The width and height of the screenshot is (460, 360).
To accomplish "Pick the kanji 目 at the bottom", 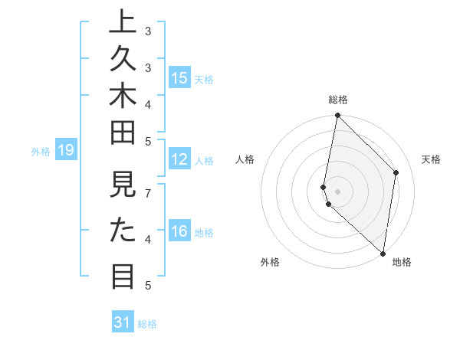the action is (x=123, y=275).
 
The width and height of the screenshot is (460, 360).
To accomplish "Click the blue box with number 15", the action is (x=179, y=77).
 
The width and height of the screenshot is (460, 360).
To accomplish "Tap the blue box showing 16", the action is (x=179, y=231).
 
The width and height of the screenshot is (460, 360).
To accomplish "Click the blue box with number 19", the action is (x=66, y=151).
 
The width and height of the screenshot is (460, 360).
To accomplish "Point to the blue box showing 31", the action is (x=123, y=322).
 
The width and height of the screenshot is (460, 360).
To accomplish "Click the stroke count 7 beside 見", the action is (x=148, y=193).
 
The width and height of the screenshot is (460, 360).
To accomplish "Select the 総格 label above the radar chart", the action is (x=338, y=100).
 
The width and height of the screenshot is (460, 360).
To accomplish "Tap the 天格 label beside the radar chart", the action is (x=431, y=159).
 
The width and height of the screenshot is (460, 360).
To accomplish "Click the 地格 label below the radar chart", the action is (x=402, y=262).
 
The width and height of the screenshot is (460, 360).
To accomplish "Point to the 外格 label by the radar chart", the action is (x=270, y=262).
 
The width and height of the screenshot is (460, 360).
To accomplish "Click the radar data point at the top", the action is (x=337, y=116).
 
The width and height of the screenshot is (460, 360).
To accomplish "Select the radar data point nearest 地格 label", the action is (x=383, y=254).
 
